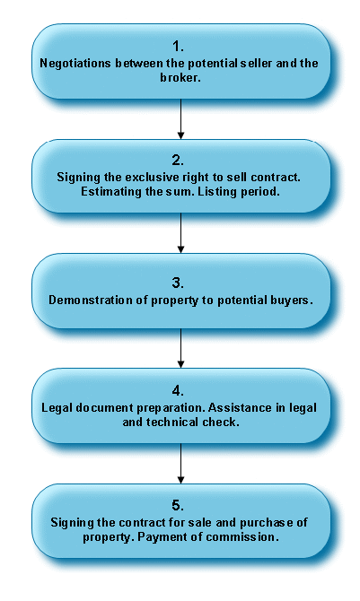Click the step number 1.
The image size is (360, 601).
[178, 47]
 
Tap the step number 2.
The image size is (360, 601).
[178, 161]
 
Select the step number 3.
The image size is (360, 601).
[178, 283]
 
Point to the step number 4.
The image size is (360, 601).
[178, 390]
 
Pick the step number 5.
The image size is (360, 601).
[178, 506]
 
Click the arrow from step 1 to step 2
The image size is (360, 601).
[180, 118]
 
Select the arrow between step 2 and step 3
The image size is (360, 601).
[180, 233]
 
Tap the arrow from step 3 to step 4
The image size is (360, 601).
[180, 348]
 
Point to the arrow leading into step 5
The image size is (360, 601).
[180, 464]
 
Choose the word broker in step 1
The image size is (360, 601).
[179, 77]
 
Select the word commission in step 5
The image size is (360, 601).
[241, 536]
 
